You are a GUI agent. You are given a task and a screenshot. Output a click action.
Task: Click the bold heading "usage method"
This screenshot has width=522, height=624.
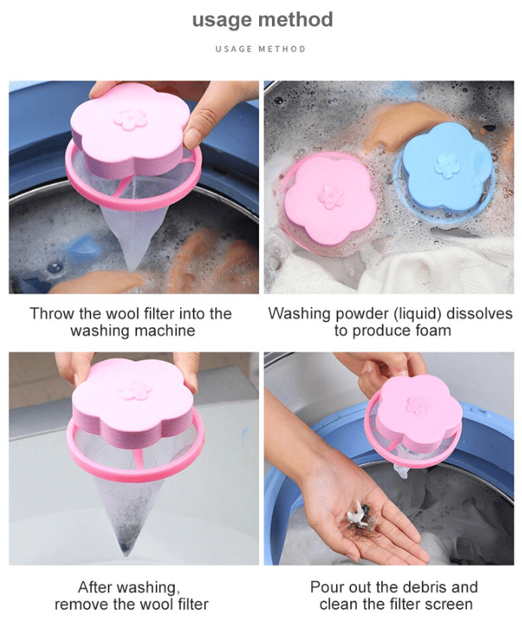262,20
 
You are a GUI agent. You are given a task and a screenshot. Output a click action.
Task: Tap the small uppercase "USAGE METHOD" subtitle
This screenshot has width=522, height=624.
261,49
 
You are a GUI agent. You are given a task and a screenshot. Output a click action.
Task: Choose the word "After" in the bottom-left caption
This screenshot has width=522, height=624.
95,587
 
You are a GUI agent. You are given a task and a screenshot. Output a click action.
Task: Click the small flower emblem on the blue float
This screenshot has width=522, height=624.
447,166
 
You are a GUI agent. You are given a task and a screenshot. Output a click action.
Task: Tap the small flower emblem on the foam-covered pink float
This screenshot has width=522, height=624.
331,196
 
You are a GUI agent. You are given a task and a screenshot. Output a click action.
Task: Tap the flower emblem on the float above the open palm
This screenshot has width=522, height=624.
419,406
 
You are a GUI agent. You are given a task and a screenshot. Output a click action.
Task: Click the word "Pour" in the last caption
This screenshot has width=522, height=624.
326,587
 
